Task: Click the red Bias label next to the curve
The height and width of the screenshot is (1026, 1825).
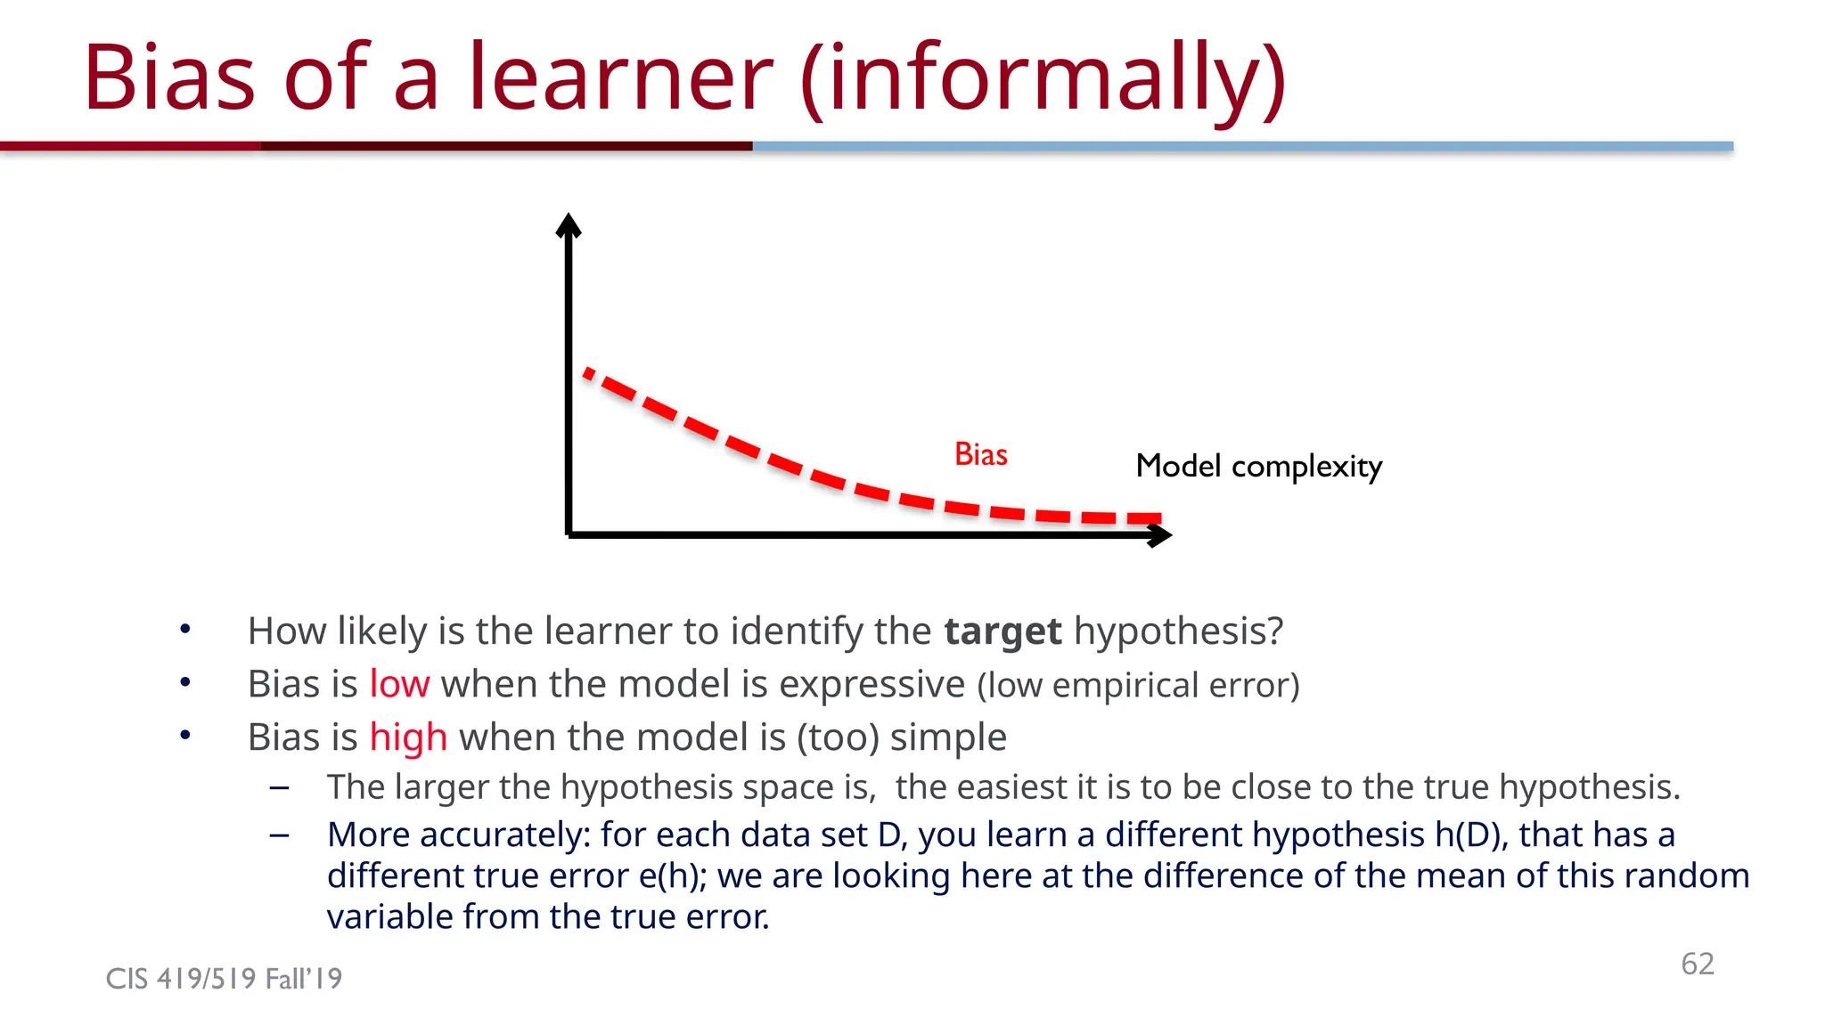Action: (980, 454)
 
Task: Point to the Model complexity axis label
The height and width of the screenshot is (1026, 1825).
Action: (1258, 466)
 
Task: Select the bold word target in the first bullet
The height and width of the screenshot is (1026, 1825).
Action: (1003, 631)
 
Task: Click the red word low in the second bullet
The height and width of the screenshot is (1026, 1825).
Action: (399, 684)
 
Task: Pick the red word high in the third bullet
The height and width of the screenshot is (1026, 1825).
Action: (408, 737)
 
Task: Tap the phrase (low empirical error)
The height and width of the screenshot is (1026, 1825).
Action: (1138, 686)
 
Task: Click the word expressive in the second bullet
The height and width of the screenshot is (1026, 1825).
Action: (872, 684)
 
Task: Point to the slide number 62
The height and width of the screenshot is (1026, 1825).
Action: (1697, 964)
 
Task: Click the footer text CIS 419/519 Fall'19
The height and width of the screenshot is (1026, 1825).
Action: (224, 979)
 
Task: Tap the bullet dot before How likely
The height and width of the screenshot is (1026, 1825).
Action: (185, 630)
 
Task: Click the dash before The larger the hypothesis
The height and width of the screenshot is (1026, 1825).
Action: (279, 788)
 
